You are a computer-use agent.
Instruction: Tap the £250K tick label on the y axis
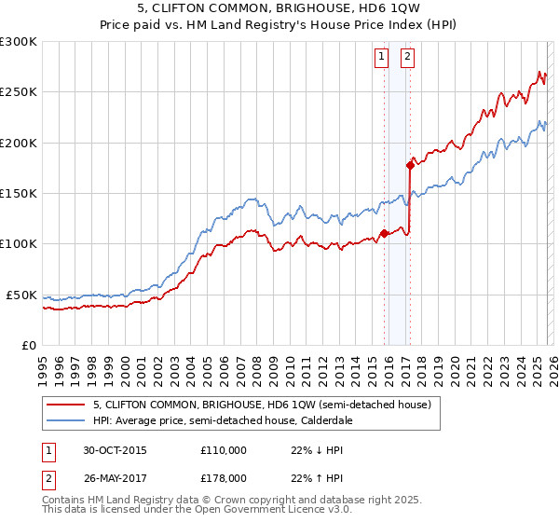18,92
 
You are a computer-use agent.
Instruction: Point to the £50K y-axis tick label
20,295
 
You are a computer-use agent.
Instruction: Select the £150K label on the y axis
18,193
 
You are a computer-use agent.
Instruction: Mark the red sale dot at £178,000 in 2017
410,165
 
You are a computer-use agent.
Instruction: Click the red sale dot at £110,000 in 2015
384,234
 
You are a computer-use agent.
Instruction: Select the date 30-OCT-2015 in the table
115,450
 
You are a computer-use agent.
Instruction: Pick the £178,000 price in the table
224,477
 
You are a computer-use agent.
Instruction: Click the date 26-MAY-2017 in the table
116,477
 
